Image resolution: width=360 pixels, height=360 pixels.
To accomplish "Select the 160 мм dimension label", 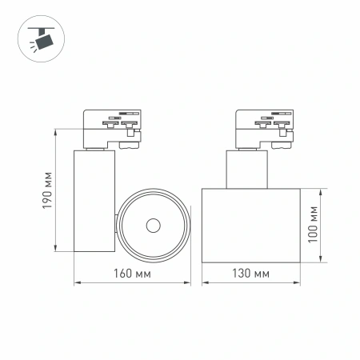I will coord(133,274).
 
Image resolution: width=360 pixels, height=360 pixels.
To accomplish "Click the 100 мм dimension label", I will coord(313,225).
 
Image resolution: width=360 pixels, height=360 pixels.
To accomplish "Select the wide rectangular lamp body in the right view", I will coord(251,225).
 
